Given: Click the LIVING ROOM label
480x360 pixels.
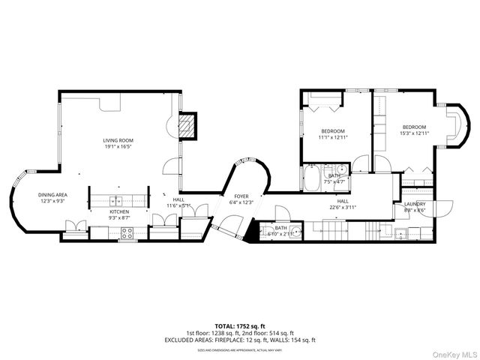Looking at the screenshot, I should pyautogui.click(x=118, y=140).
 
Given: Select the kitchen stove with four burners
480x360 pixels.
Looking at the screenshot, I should pyautogui.click(x=127, y=233).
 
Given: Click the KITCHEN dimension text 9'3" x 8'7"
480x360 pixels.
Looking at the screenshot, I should pyautogui.click(x=119, y=218).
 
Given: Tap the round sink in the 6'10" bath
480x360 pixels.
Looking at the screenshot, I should pyautogui.click(x=297, y=232).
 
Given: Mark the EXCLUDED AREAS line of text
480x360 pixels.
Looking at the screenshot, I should pyautogui.click(x=239, y=340).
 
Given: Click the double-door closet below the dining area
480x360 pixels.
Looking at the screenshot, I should pyautogui.click(x=75, y=226).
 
